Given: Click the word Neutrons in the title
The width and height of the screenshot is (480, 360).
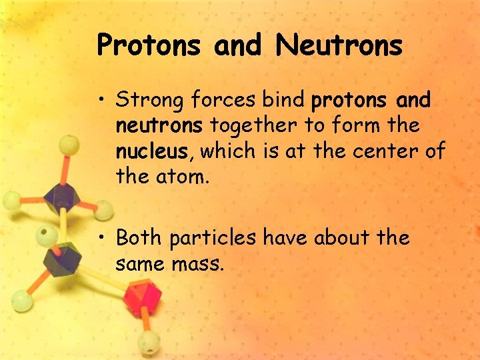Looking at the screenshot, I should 339,46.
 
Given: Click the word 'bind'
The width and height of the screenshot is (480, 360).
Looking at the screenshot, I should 285,101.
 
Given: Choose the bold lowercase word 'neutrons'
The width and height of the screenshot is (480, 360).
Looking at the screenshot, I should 161,126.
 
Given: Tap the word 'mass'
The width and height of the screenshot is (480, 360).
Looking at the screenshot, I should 201,265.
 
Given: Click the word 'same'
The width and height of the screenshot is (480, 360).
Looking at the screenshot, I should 142,265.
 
